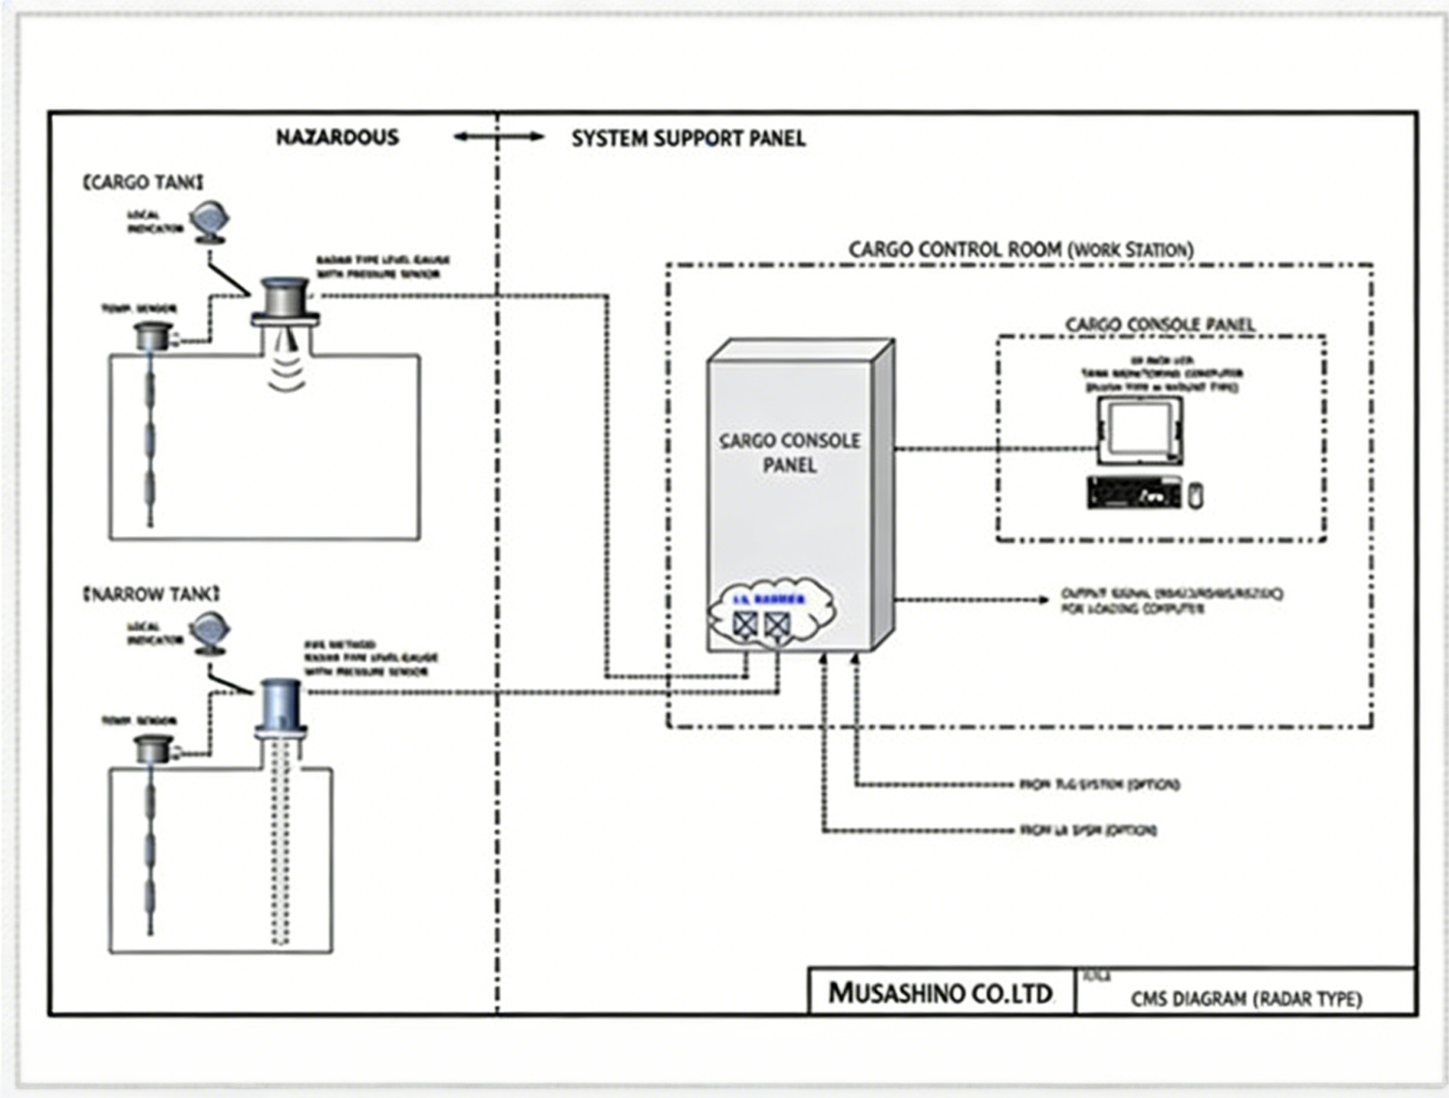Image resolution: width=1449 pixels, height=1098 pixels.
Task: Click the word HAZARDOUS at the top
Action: point(337,138)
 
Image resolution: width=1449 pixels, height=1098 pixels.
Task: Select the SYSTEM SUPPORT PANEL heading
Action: point(688,139)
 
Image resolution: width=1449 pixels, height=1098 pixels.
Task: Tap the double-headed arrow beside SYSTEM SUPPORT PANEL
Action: point(498,137)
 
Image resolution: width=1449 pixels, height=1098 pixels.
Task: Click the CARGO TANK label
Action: point(143,183)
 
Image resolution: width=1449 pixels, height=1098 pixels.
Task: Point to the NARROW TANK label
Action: point(151,594)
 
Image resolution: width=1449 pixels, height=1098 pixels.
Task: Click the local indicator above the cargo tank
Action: point(209,222)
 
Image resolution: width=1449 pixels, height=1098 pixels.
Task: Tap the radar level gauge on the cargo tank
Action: point(285,301)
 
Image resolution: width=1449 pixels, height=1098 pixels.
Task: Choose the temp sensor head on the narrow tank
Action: point(154,748)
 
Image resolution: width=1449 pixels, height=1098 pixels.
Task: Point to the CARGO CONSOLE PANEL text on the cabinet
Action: point(790,452)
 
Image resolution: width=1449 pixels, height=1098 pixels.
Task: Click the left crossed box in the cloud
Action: point(745,625)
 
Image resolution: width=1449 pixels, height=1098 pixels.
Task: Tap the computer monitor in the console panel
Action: point(1139,430)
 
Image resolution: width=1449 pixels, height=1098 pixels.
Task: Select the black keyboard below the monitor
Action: point(1134,493)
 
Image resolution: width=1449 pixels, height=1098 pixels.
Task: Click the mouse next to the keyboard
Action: point(1196,496)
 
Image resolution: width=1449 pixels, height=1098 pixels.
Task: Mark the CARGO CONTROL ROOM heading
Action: point(1021,250)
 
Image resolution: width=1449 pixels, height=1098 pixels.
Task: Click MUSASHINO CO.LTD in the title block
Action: point(940,993)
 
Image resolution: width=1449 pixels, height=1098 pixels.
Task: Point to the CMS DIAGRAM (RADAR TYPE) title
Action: point(1246,998)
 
